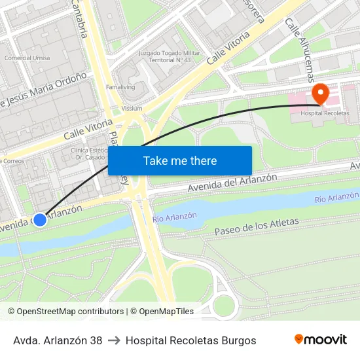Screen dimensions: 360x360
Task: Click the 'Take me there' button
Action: click(180, 160)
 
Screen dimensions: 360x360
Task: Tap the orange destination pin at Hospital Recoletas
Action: click(320, 93)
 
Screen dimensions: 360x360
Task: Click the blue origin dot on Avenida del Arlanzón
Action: click(40, 220)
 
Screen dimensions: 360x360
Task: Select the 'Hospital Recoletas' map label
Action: click(325, 113)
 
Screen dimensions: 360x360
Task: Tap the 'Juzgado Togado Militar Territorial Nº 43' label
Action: click(164, 56)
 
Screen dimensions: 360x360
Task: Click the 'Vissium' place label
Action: click(132, 109)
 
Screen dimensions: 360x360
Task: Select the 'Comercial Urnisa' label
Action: click(27, 58)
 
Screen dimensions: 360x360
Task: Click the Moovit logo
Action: click(320, 339)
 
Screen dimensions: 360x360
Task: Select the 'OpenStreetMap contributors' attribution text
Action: click(71, 312)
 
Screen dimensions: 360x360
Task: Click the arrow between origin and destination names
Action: click(114, 340)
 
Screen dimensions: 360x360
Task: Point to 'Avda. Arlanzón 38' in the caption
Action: click(58, 340)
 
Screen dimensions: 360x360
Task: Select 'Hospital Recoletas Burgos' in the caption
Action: click(190, 340)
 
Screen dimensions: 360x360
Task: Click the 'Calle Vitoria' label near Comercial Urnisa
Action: click(88, 128)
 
